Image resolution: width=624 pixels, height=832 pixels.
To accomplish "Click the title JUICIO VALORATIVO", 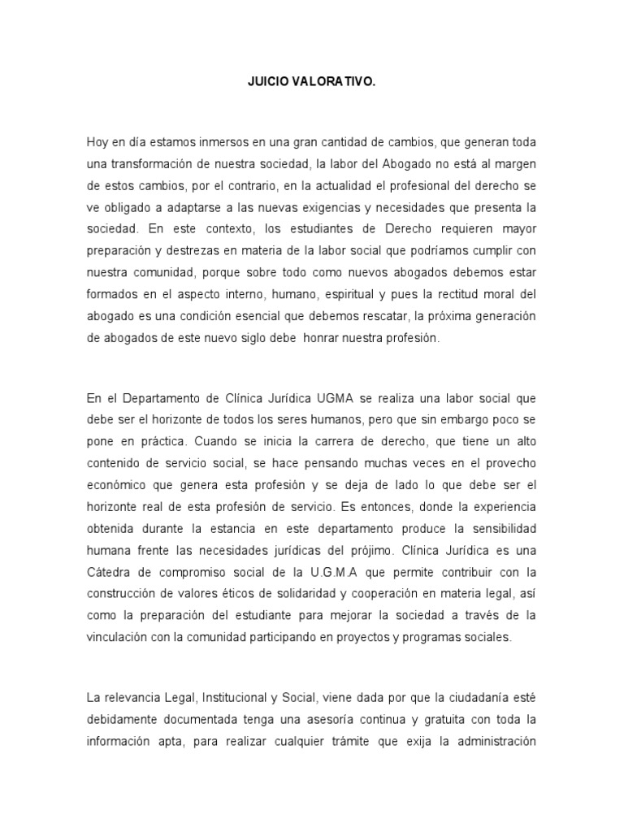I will [311, 82].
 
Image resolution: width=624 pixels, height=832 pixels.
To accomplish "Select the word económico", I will [116, 485].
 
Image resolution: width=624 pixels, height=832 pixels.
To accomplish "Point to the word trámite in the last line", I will [370, 740].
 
